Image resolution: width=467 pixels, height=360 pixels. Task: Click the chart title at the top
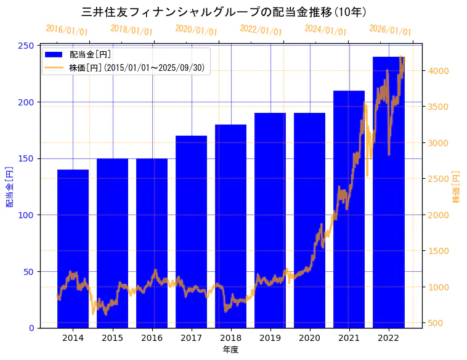(x=224, y=12)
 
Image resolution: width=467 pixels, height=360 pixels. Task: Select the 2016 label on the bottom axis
(x=152, y=338)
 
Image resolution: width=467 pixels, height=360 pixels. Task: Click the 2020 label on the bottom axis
(x=309, y=338)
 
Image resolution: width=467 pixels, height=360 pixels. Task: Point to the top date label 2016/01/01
(x=67, y=30)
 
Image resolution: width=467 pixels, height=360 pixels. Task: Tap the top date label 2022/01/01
(x=261, y=30)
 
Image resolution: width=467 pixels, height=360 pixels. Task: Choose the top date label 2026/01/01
(x=390, y=30)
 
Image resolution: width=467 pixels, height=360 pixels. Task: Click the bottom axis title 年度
(x=230, y=350)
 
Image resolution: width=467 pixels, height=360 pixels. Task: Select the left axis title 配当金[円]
(x=10, y=187)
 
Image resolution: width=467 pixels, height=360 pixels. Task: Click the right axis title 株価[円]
(x=457, y=187)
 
